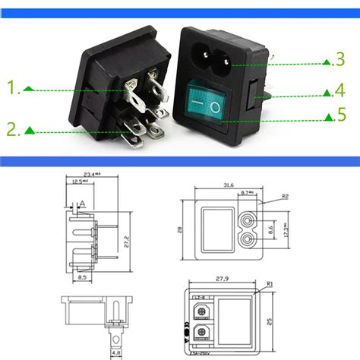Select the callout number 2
pos(14,130)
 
